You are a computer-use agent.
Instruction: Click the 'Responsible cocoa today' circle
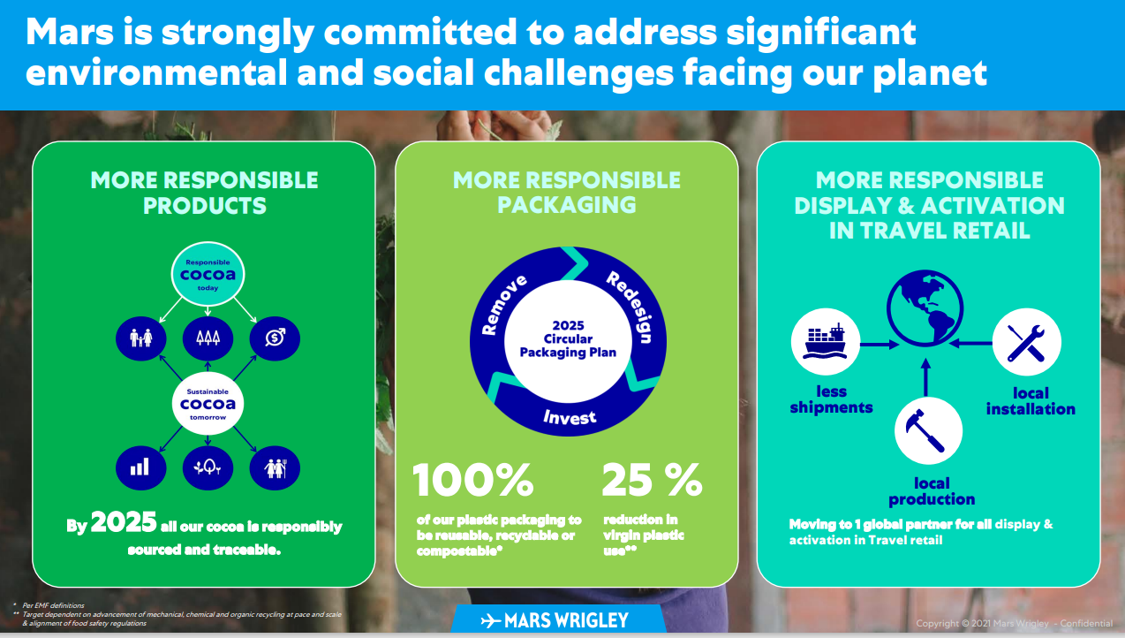(x=208, y=274)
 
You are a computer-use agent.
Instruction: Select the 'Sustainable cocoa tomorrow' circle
(x=208, y=404)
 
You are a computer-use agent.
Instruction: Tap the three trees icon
(x=208, y=338)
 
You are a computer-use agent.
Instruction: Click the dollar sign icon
(x=275, y=338)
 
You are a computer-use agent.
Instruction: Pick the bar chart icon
(x=140, y=468)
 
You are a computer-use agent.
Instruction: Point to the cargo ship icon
(x=825, y=342)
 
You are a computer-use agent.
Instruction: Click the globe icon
(x=925, y=308)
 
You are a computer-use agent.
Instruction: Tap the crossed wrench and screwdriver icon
(x=1027, y=342)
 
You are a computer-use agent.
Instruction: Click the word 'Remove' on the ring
(x=503, y=304)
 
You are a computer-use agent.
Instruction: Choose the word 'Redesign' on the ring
(x=630, y=306)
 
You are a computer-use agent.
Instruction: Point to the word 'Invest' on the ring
(x=569, y=417)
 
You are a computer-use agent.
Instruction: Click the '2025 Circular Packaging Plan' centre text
(x=568, y=338)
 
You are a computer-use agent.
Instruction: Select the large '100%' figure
(x=472, y=480)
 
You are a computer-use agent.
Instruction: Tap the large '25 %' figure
(x=652, y=480)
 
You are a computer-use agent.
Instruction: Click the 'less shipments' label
(x=831, y=399)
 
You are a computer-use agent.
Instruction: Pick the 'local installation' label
(x=1031, y=400)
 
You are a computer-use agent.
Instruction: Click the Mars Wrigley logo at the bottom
(x=555, y=620)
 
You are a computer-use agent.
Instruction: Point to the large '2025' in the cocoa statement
(x=124, y=522)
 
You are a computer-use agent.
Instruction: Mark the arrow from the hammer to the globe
(x=926, y=377)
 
